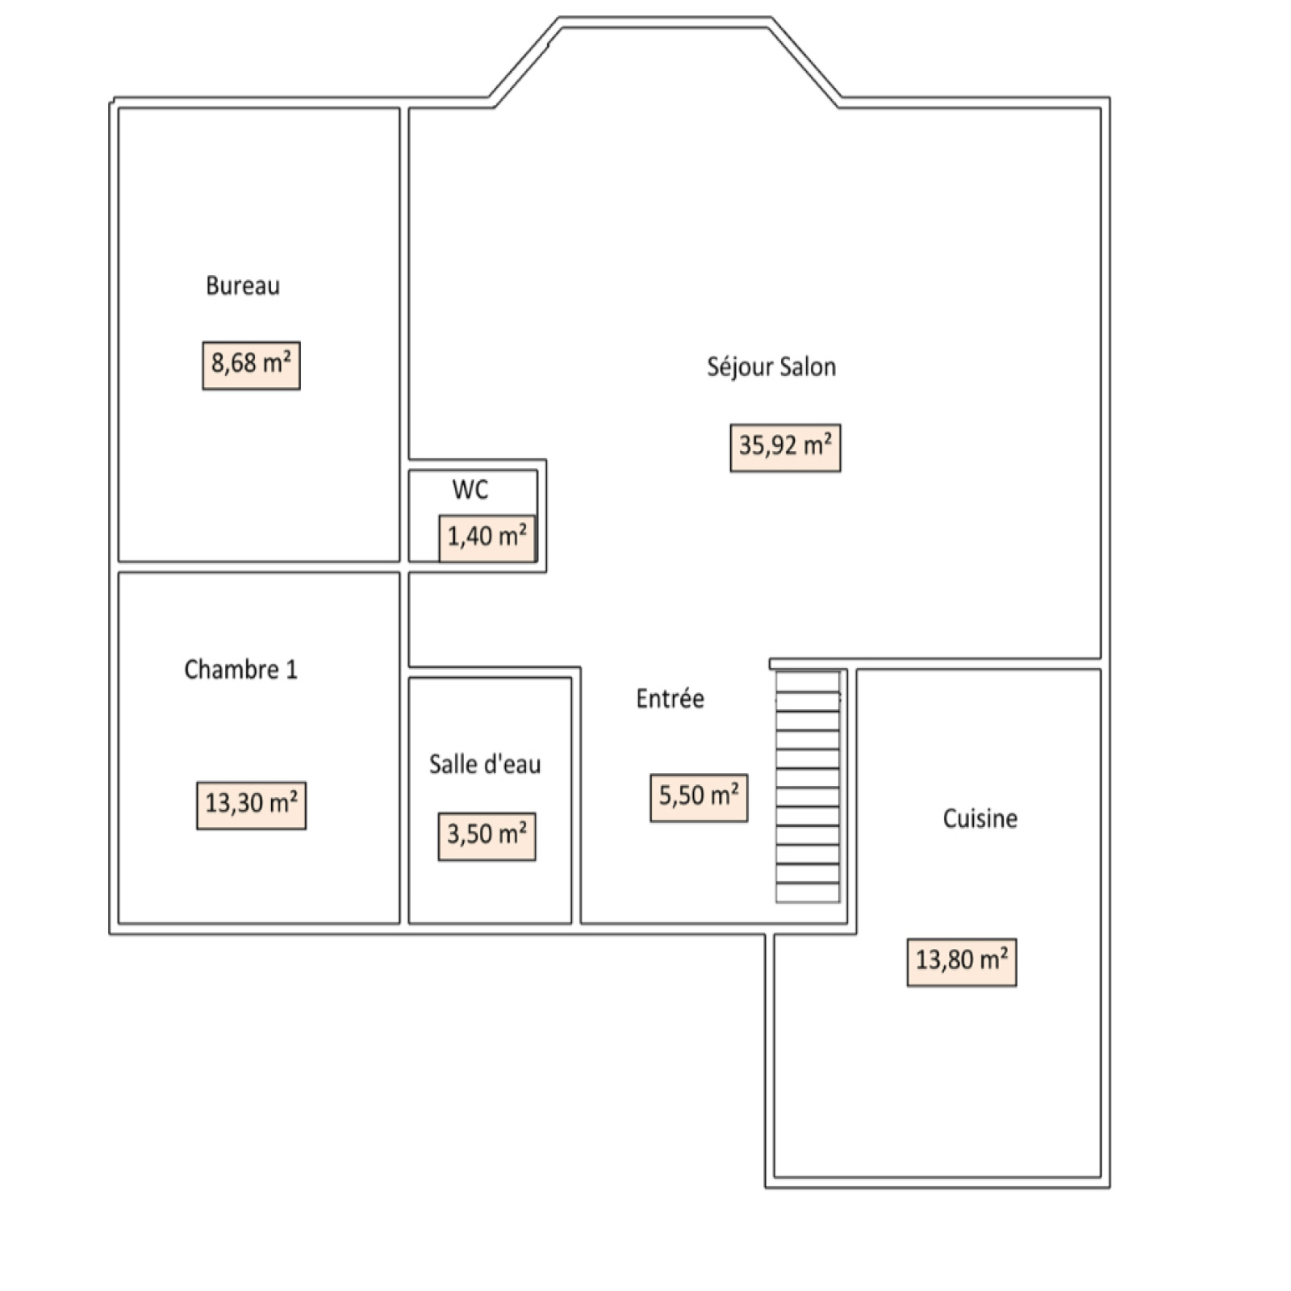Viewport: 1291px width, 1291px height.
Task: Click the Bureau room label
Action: coord(243,286)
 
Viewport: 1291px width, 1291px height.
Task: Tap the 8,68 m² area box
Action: coord(251,366)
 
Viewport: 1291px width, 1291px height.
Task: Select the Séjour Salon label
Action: coord(771,368)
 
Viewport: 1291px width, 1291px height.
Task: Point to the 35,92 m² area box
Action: coord(785,448)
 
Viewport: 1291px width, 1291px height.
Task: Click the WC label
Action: coord(470,490)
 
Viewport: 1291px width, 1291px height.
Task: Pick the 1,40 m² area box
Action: coord(487,538)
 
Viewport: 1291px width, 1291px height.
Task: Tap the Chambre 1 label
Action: coord(240,670)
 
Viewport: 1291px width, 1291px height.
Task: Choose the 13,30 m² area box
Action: coord(251,805)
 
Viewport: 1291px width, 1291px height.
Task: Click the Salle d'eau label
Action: coord(485,764)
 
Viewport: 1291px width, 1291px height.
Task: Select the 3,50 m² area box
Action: coord(487,837)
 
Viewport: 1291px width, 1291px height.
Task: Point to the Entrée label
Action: coord(670,698)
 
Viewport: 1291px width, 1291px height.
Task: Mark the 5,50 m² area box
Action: coord(699,798)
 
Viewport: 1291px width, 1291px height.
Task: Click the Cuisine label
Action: coord(980,819)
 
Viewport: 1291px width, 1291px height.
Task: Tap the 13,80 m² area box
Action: coord(962,963)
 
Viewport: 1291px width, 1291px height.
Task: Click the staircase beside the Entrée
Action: coord(808,786)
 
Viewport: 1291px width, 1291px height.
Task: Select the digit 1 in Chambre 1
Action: coord(292,670)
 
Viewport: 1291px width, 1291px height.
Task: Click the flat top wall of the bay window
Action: coord(665,23)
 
